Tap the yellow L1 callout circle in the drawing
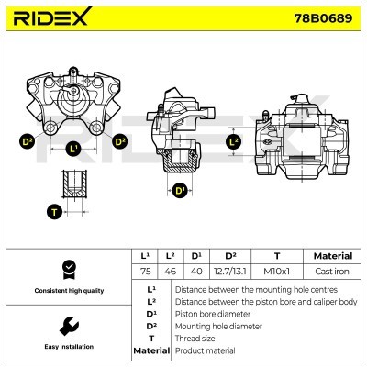74,147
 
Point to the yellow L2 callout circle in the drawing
233,141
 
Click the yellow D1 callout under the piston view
180,191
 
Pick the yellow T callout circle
55,212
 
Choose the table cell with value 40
196,272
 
